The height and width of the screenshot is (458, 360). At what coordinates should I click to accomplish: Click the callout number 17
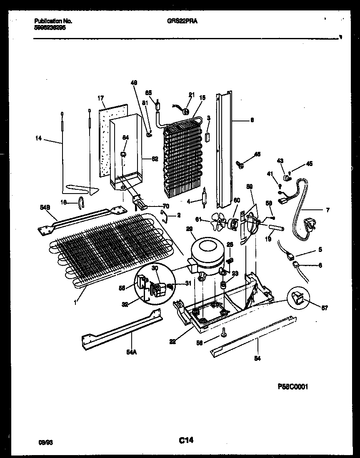pyautogui.click(x=100, y=98)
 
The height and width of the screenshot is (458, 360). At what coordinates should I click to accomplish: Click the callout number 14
pyautogui.click(x=38, y=138)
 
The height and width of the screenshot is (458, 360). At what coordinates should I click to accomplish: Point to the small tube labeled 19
pyautogui.click(x=274, y=228)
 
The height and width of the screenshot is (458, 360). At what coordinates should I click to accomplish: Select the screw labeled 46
pyautogui.click(x=241, y=165)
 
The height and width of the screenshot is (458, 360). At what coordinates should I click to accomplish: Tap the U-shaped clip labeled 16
pyautogui.click(x=82, y=202)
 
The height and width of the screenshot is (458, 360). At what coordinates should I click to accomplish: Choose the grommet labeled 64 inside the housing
pyautogui.click(x=124, y=155)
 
